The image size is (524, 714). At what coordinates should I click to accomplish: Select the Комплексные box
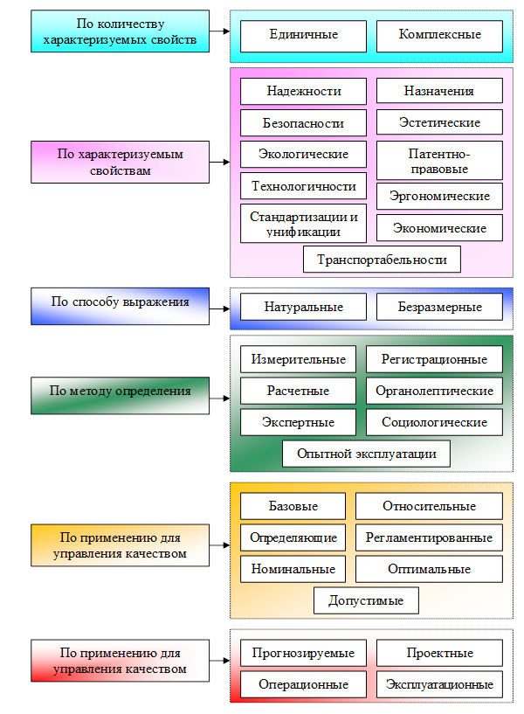[x=439, y=35]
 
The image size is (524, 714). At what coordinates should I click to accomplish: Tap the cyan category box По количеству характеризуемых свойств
[x=121, y=31]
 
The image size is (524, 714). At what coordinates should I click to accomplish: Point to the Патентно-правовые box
[x=439, y=161]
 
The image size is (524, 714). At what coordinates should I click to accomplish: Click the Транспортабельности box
[x=382, y=260]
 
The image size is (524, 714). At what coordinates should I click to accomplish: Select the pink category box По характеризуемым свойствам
[x=121, y=162]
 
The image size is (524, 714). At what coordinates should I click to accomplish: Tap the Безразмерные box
[x=439, y=307]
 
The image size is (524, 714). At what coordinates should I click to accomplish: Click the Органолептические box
[x=434, y=391]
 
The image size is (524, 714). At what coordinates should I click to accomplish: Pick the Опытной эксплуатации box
[x=366, y=454]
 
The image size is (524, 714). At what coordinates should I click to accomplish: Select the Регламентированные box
[x=429, y=537]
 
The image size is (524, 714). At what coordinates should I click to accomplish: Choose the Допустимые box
[x=366, y=600]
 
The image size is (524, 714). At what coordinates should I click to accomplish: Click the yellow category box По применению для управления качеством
[x=121, y=545]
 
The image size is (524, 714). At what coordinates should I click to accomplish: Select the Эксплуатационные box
[x=439, y=684]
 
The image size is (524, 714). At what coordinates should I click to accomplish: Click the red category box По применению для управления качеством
[x=121, y=660]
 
